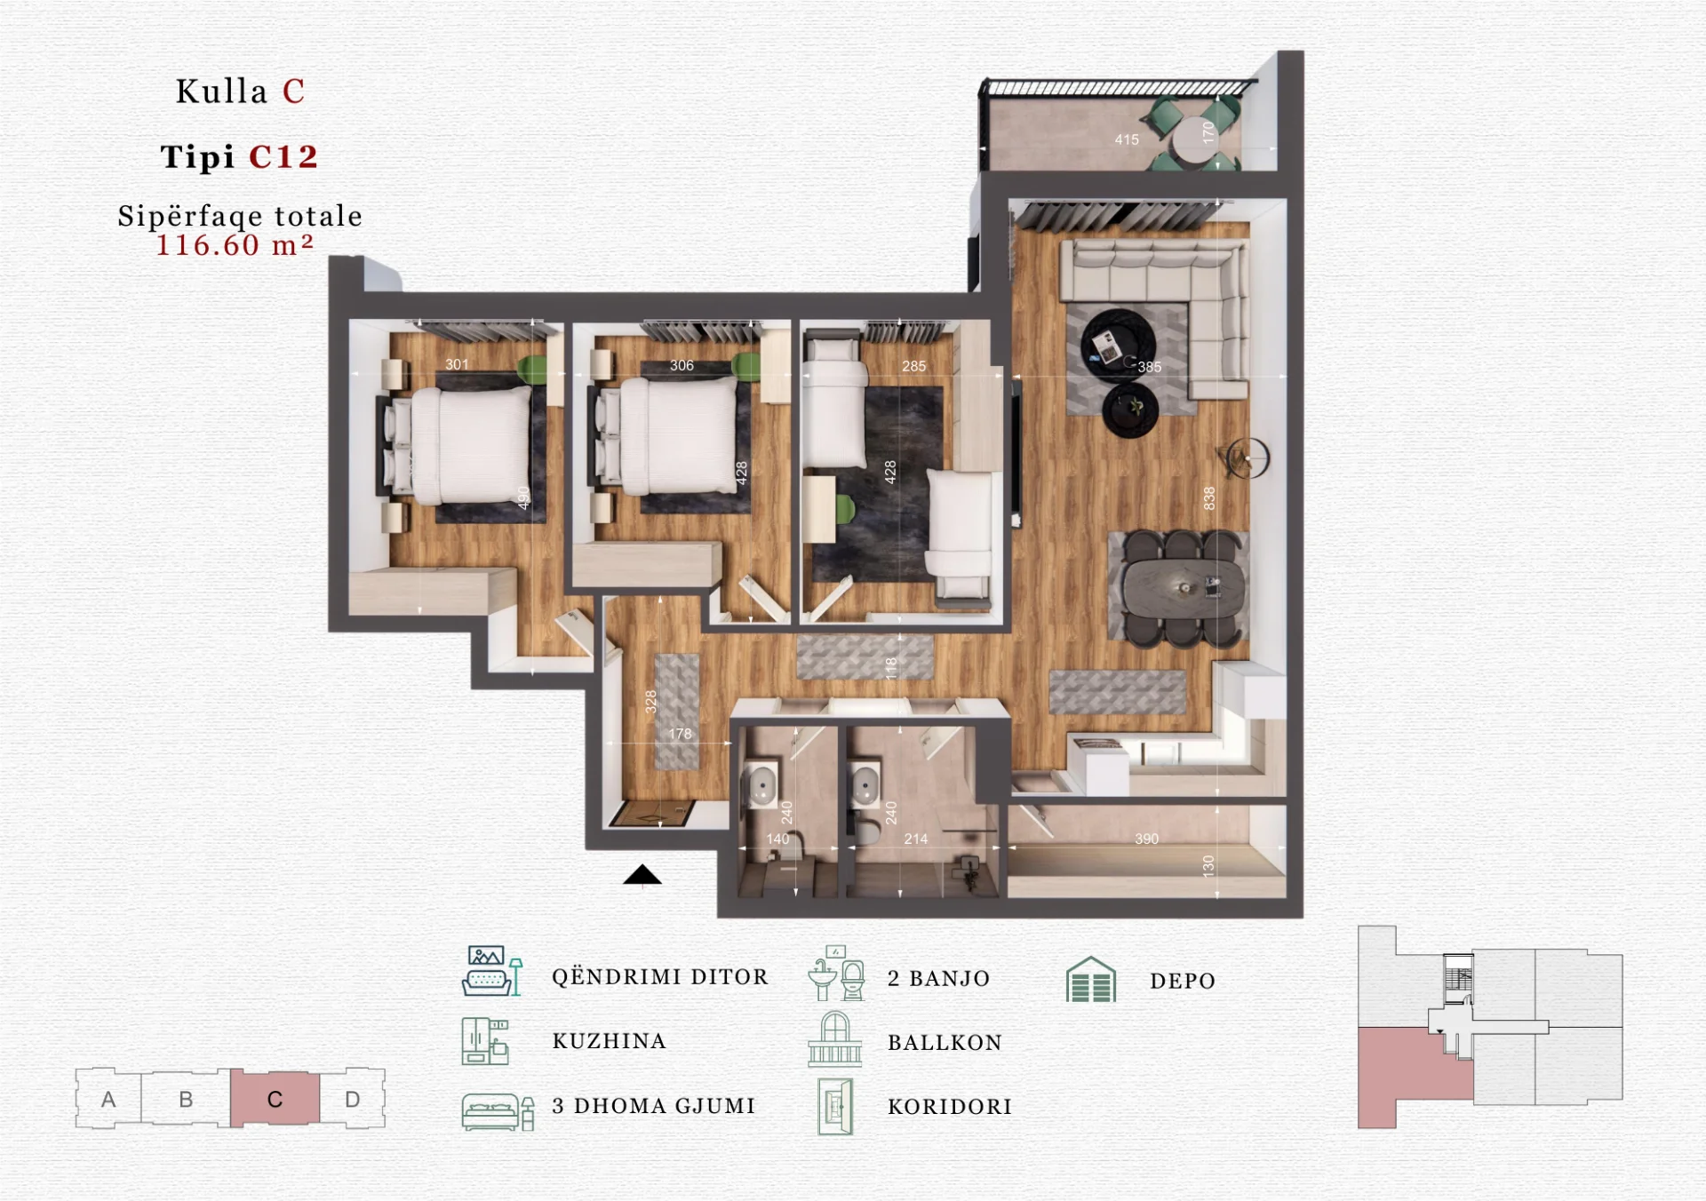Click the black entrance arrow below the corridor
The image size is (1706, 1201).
[642, 876]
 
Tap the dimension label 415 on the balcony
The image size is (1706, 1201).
[1127, 139]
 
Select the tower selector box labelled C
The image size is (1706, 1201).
[275, 1099]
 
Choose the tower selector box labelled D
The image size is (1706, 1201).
[353, 1099]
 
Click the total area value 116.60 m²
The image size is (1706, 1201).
[235, 245]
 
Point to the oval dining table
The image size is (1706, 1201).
[1183, 589]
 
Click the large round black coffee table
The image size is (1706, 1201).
[1118, 346]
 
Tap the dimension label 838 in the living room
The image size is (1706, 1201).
[1208, 498]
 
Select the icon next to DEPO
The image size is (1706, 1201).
[1090, 980]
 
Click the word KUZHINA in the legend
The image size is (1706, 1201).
[610, 1041]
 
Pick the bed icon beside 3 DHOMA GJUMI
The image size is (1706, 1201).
[498, 1111]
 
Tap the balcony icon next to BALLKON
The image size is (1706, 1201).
[834, 1039]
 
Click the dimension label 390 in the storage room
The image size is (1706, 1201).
[1146, 839]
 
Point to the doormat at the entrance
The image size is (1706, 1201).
[654, 813]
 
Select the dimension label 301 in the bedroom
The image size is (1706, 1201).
[457, 364]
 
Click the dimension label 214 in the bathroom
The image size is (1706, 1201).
[916, 839]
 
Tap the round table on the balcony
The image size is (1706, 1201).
[1194, 141]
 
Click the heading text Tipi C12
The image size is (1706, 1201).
[239, 156]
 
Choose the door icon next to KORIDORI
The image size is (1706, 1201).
[835, 1106]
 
